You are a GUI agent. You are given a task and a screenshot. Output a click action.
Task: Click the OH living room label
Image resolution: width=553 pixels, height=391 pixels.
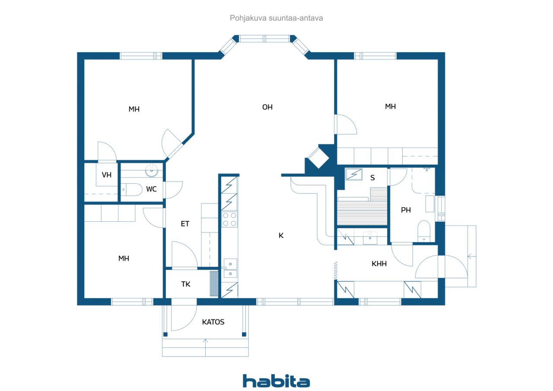[x=267, y=107]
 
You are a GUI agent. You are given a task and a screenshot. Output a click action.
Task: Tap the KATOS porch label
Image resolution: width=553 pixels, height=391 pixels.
[x=213, y=322]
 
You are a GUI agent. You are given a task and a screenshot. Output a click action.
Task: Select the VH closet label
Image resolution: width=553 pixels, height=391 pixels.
[x=107, y=175]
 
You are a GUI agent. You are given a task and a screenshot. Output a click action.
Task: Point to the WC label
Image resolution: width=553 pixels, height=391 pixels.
[x=151, y=189]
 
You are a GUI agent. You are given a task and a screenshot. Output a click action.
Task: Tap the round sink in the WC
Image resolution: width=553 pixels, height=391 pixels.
[x=152, y=170]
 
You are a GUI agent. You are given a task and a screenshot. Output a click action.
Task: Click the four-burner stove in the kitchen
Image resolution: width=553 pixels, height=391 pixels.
[x=229, y=219]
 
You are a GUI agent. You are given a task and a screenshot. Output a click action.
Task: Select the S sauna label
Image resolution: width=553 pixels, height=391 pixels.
[x=372, y=178]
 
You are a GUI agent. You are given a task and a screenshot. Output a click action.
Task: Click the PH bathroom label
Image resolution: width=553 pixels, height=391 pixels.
[x=406, y=210]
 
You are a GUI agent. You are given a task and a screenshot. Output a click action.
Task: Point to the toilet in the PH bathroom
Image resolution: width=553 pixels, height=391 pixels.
[x=424, y=231]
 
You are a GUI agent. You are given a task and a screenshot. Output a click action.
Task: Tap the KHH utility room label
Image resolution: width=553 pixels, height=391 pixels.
[x=379, y=264]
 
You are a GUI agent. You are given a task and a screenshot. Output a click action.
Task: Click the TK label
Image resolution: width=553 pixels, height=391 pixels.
[x=186, y=284]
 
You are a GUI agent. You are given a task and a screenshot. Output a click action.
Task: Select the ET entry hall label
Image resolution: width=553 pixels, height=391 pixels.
[x=185, y=224]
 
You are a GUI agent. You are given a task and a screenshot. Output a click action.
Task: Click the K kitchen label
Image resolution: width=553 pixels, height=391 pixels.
[x=281, y=235]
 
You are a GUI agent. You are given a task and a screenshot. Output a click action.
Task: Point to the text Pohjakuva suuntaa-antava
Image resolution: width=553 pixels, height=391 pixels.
[x=276, y=18]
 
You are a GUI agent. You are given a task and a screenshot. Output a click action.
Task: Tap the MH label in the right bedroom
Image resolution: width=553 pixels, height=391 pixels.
[x=390, y=106]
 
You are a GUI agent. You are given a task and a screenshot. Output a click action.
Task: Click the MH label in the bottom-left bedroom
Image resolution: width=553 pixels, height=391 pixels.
[x=124, y=258]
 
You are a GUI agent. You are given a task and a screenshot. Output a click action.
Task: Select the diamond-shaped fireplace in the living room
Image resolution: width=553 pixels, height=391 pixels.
[x=318, y=158]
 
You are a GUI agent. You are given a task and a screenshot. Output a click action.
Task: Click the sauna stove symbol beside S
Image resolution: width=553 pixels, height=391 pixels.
[x=354, y=174]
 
